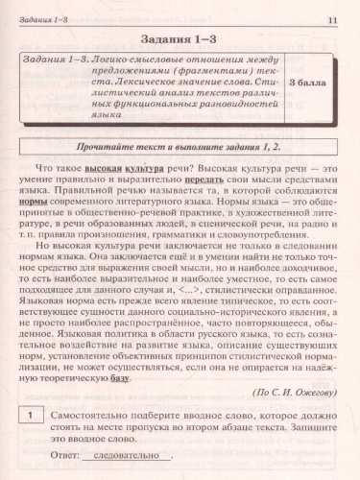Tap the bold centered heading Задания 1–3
click(x=180, y=42)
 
